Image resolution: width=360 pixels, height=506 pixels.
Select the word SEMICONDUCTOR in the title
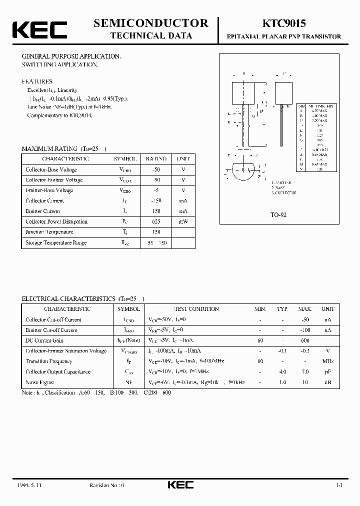151,23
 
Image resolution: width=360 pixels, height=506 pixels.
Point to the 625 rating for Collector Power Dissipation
156,221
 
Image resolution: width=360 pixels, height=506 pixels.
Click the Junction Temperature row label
49,232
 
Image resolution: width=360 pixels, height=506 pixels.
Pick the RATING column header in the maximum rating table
156,158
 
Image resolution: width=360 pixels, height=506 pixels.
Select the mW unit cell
183,221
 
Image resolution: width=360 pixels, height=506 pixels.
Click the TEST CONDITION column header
196,309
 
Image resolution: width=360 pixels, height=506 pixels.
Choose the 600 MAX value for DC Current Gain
305,340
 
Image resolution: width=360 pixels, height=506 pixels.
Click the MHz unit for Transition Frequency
328,361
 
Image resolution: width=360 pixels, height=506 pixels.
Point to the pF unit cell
328,372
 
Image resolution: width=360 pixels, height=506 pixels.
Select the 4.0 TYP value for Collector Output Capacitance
282,372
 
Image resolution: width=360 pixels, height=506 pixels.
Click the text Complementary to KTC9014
60,115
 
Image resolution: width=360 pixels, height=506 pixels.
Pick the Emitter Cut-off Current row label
51,330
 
